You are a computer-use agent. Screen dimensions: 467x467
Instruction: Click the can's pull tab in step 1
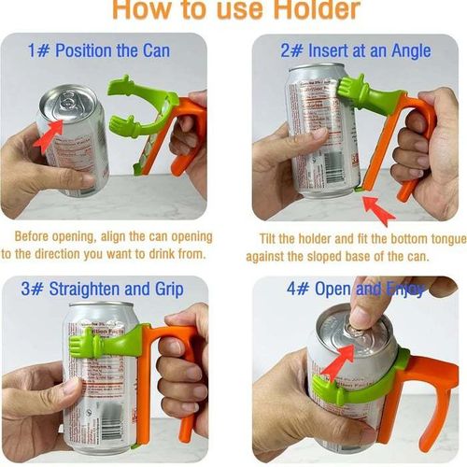[68, 101]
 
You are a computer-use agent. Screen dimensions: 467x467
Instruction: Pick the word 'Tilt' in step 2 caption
[272, 237]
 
